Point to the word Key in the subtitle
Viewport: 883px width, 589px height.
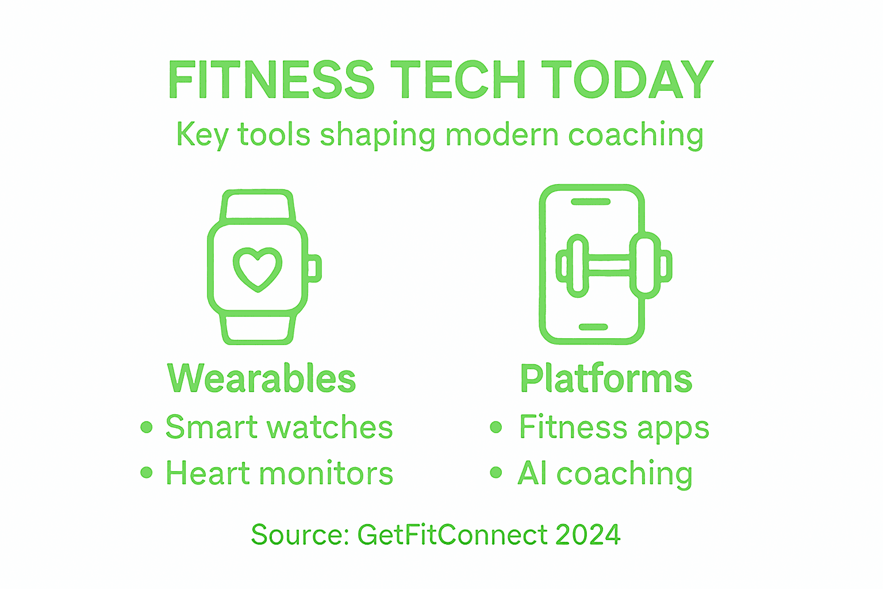click(x=202, y=135)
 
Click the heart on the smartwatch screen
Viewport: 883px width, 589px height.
click(x=258, y=268)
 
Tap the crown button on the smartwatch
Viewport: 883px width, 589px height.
click(x=314, y=269)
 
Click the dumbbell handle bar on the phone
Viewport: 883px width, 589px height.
click(x=609, y=266)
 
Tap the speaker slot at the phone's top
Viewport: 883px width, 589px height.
click(x=590, y=202)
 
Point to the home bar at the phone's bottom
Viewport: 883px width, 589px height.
click(x=593, y=327)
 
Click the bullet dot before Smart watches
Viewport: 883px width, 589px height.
click(x=147, y=427)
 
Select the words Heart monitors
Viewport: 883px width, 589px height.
click(x=279, y=473)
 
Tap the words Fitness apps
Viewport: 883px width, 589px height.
click(x=614, y=428)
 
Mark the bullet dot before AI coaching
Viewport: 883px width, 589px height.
click(x=496, y=473)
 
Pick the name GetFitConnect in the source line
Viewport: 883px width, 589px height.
click(x=452, y=534)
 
